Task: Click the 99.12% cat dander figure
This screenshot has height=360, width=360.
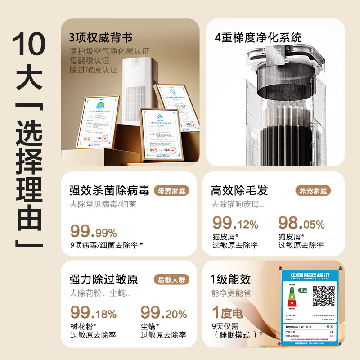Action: [x=235, y=223]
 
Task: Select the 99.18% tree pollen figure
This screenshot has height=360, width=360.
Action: [x=94, y=312]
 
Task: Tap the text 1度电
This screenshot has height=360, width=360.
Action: [x=227, y=312]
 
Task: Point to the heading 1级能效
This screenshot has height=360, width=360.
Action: [x=230, y=279]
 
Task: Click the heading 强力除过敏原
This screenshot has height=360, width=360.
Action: [x=103, y=279]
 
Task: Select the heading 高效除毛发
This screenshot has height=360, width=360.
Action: [x=239, y=190]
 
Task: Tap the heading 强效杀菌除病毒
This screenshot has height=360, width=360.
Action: [x=109, y=190]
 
